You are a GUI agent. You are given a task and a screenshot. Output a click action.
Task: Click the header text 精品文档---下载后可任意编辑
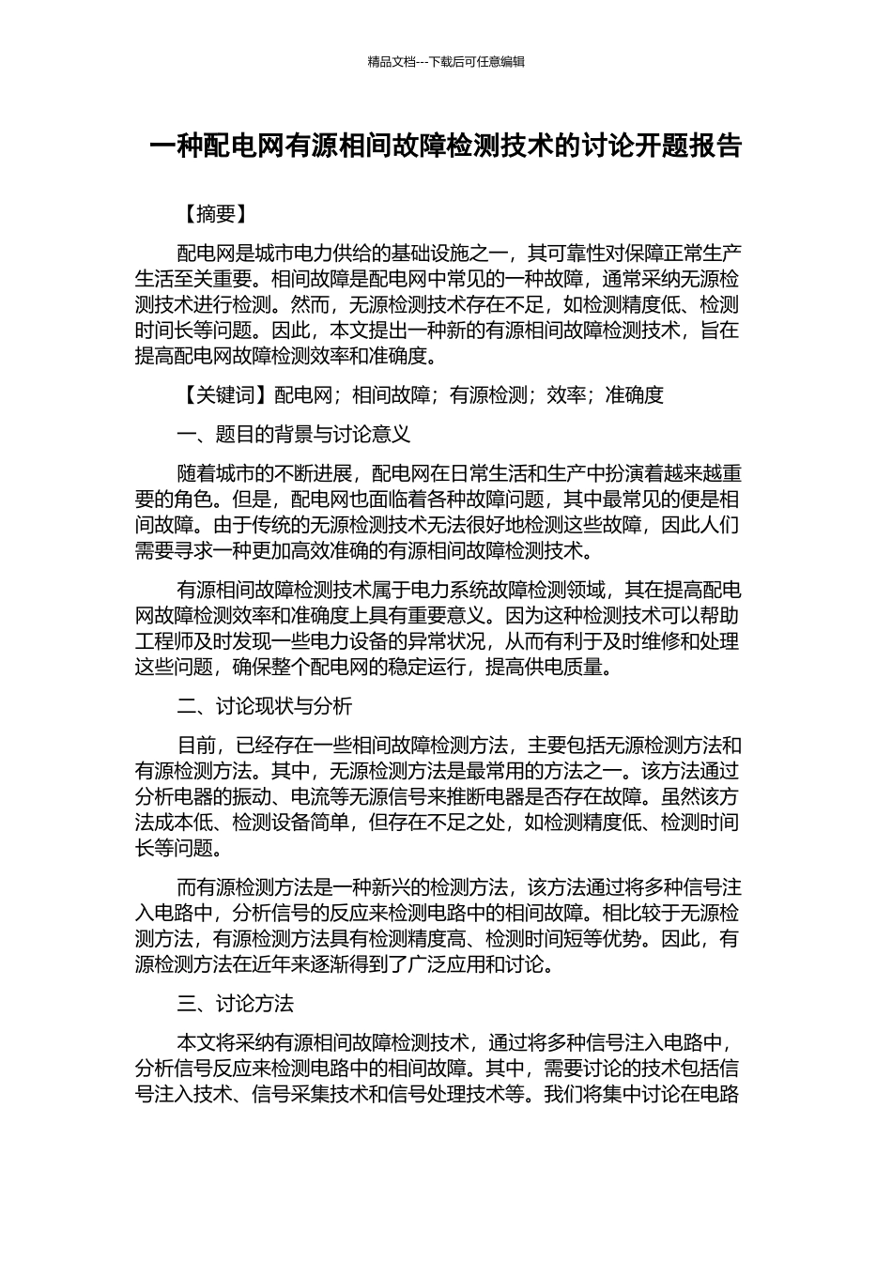click(446, 62)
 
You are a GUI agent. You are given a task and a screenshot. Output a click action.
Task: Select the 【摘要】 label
click(215, 214)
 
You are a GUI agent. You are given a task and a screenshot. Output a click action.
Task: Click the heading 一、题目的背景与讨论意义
click(293, 434)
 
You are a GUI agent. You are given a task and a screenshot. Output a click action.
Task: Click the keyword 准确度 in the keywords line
click(634, 394)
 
